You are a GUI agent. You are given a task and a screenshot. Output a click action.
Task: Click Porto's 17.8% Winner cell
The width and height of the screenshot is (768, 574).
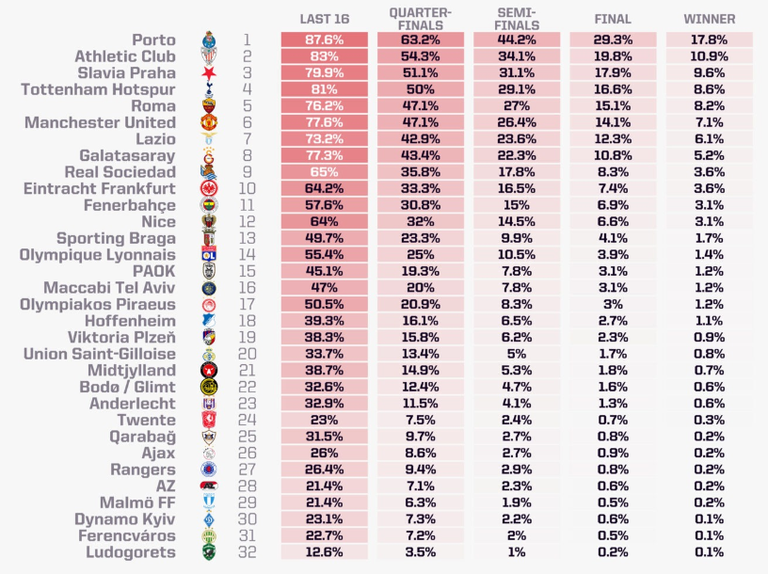pyautogui.click(x=709, y=40)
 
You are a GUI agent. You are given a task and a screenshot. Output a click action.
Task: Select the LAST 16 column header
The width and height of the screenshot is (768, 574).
pyautogui.click(x=324, y=19)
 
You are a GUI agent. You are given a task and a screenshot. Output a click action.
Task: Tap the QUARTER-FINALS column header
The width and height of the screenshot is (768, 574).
pyautogui.click(x=420, y=19)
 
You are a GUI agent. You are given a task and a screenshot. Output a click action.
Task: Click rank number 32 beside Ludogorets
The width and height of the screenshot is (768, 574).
pyautogui.click(x=247, y=552)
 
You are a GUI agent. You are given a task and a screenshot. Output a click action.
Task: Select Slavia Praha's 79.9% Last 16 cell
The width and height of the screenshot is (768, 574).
pyautogui.click(x=324, y=73)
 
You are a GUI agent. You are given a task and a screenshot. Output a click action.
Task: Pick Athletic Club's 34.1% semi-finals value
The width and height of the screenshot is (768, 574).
pyautogui.click(x=516, y=57)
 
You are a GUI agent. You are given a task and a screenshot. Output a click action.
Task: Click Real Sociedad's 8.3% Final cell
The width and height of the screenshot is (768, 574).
pyautogui.click(x=613, y=172)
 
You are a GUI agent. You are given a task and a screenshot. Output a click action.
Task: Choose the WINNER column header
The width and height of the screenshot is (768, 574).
pyautogui.click(x=710, y=19)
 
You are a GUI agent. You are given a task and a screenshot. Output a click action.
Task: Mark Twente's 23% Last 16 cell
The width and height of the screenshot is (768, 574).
pyautogui.click(x=324, y=420)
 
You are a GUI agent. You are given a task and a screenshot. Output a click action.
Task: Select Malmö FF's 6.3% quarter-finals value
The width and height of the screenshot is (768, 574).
pyautogui.click(x=420, y=502)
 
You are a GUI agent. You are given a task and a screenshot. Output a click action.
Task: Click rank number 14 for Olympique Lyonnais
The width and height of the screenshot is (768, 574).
pyautogui.click(x=247, y=255)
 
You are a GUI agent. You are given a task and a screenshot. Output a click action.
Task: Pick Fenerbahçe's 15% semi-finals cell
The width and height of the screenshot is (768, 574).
pyautogui.click(x=516, y=205)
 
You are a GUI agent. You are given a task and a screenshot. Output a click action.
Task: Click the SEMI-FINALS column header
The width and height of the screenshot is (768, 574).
pyautogui.click(x=516, y=19)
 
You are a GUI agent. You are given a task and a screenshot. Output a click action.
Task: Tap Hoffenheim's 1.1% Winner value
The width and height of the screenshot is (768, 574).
pyautogui.click(x=709, y=321)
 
